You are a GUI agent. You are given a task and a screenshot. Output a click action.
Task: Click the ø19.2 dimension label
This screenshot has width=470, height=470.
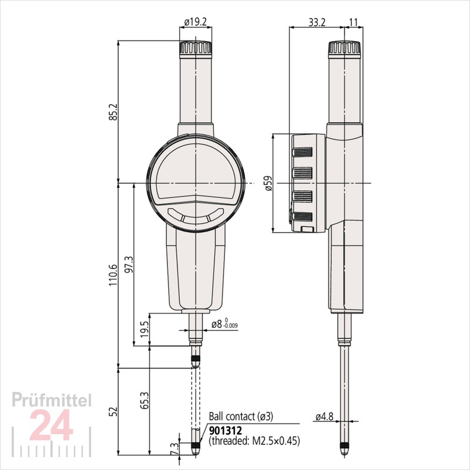pos(196,22)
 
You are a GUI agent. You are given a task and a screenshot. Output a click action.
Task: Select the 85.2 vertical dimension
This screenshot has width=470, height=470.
pos(114,112)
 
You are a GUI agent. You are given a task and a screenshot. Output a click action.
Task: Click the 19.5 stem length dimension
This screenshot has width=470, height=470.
pos(145,329)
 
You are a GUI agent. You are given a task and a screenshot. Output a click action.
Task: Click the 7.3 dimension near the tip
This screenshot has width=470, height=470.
pos(175,449)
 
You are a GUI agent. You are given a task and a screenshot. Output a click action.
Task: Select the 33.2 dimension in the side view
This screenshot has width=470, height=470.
pos(317,22)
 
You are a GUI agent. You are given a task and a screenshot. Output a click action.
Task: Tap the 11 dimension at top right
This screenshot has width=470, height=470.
pos(354,22)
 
